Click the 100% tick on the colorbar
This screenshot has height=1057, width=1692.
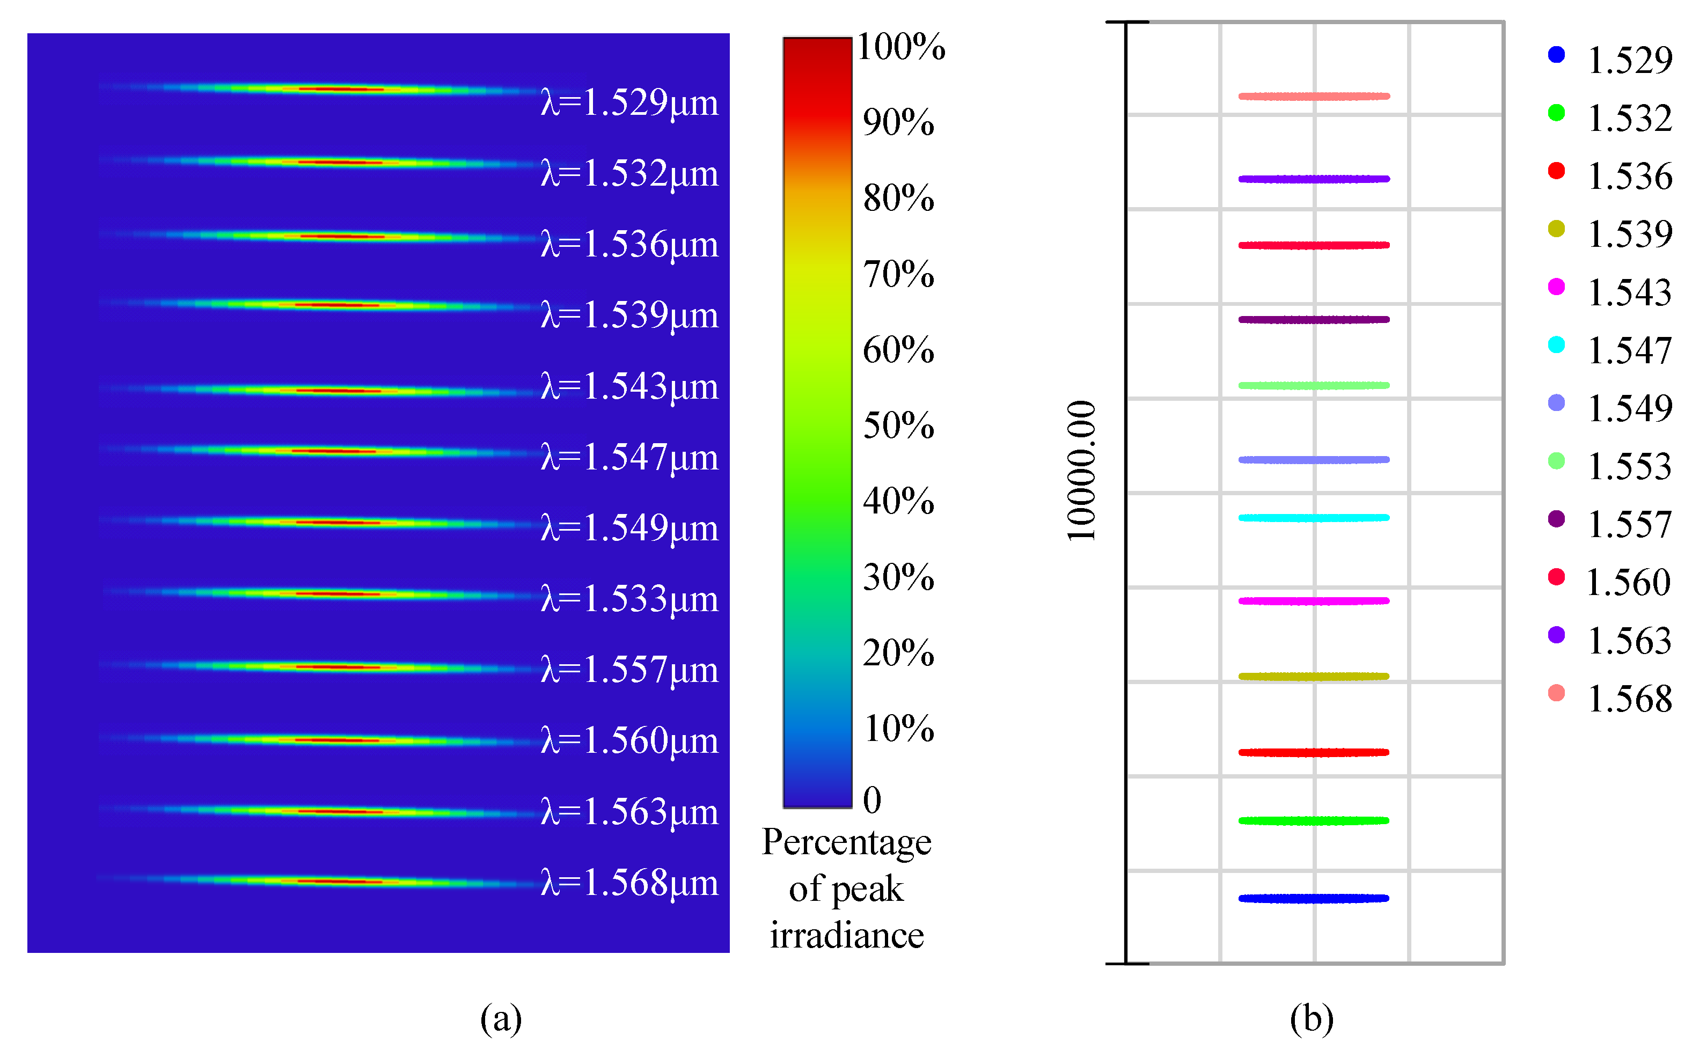[900, 48]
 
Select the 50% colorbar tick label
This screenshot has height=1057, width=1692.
[898, 425]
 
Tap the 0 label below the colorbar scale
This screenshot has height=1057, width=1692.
[871, 800]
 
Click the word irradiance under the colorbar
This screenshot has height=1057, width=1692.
[847, 935]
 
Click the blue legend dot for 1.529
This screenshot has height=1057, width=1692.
[1556, 55]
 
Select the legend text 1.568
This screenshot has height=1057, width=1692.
[1629, 699]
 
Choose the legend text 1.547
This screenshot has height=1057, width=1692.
[1629, 351]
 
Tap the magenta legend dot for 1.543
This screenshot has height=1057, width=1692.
[1556, 287]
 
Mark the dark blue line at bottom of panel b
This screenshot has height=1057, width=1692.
[1313, 898]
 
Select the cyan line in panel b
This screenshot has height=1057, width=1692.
[1313, 518]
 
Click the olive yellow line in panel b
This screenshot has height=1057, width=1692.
[1313, 676]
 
